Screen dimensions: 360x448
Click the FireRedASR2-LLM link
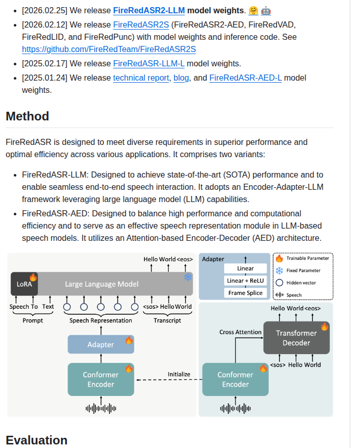(149, 11)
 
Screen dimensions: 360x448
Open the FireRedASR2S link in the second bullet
(141, 25)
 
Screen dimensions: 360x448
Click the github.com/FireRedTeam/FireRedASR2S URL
(109, 49)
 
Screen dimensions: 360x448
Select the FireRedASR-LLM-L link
(149, 63)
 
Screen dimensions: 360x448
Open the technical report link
(141, 78)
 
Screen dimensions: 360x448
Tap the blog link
(181, 78)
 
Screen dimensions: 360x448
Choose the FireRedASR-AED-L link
(246, 78)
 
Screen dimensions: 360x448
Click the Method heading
(28, 116)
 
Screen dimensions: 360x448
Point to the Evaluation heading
(37, 440)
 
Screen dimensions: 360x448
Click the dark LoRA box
(24, 284)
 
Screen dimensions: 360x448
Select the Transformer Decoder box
(297, 338)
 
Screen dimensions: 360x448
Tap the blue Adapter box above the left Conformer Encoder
(101, 344)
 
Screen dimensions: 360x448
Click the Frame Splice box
(245, 293)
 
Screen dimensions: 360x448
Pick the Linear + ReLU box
(245, 281)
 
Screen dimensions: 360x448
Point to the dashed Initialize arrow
(170, 380)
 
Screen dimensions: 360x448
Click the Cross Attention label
(240, 332)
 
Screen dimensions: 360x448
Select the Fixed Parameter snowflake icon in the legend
(279, 270)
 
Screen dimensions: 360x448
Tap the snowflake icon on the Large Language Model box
(188, 277)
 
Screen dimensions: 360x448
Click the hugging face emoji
(253, 11)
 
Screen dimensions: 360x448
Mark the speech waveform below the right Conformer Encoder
(235, 409)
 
